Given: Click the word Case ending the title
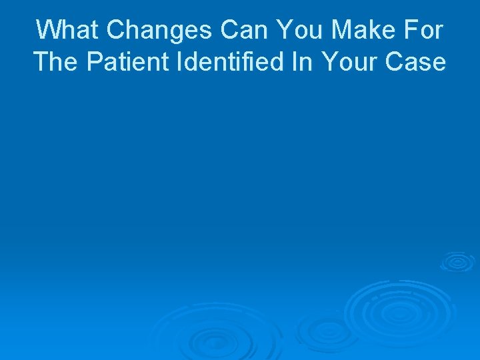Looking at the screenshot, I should [x=417, y=62].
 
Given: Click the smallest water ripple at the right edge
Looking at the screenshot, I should [x=457, y=261].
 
